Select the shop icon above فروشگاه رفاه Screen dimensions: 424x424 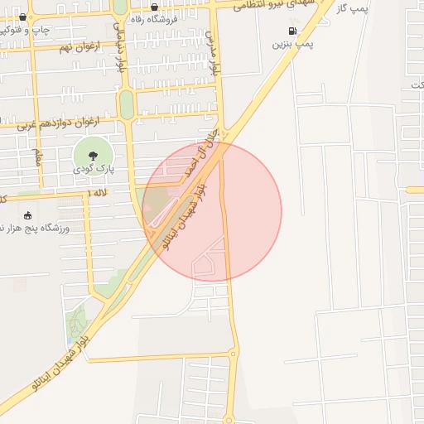point(154,7)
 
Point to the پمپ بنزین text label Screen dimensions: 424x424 point(293,45)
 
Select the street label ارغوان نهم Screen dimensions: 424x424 point(79,47)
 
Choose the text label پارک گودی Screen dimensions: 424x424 point(94,169)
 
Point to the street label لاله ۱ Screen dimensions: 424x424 point(96,193)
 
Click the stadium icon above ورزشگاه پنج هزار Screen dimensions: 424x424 point(27,215)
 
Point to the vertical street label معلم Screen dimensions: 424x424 point(36,157)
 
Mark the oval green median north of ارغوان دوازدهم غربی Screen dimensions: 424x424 point(126,105)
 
